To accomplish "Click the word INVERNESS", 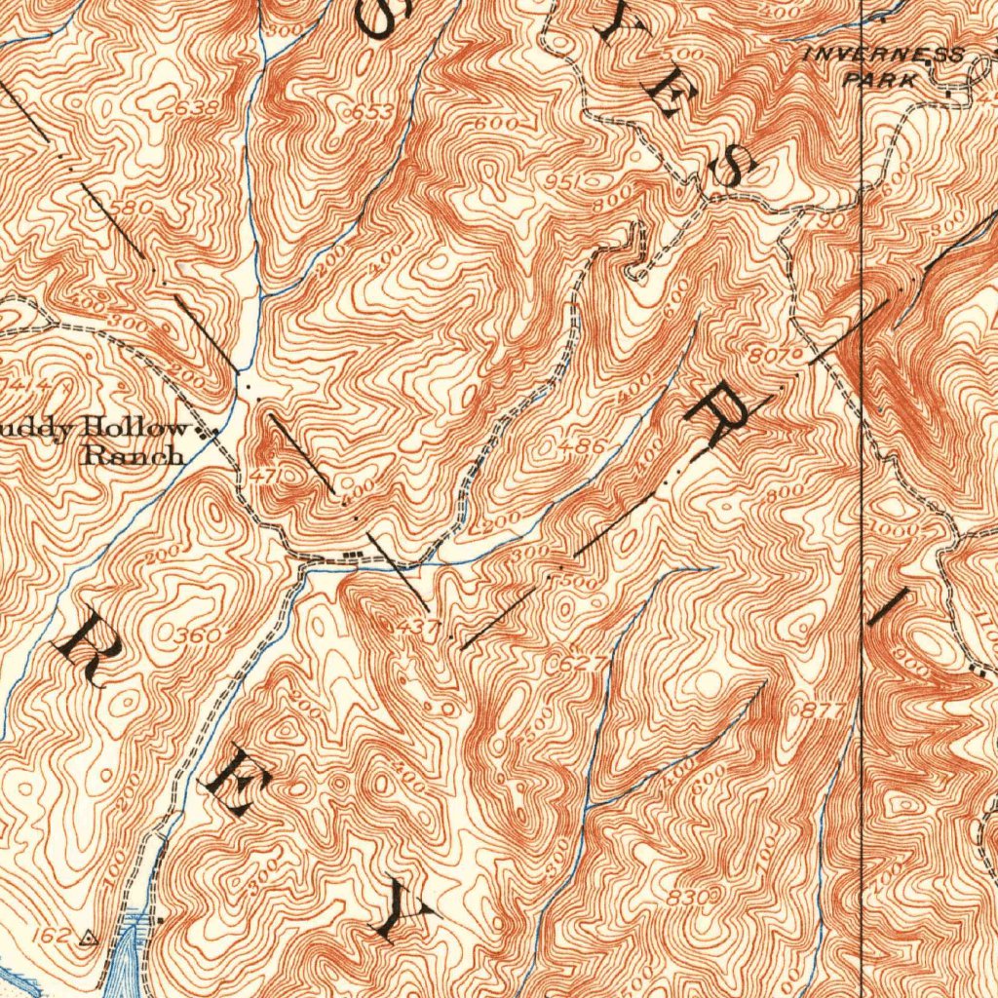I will pos(883,55).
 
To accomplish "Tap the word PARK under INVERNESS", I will pos(881,80).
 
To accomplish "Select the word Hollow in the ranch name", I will pos(136,428).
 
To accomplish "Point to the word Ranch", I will pos(134,454).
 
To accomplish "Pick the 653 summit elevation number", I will pos(372,112).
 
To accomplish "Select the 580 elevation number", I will pos(133,208).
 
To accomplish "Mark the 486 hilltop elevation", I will pos(587,446).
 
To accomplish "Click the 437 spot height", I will pos(418,626).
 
